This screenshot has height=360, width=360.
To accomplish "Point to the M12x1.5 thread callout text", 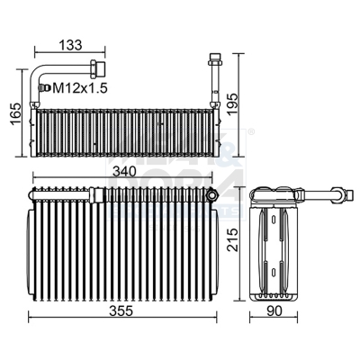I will [x=80, y=87].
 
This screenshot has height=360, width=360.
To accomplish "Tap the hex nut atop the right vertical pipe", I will [x=214, y=62].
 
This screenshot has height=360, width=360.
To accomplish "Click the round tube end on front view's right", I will [x=211, y=193].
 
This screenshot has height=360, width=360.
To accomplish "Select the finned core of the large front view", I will [x=121, y=247].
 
